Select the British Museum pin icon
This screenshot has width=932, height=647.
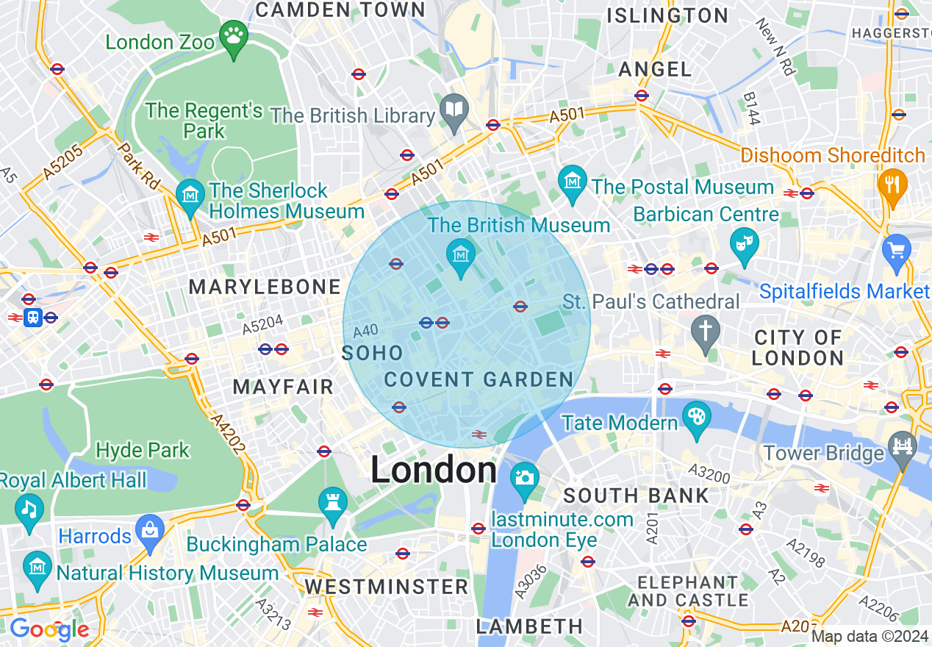[x=461, y=255]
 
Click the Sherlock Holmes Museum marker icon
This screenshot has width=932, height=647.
[x=190, y=195]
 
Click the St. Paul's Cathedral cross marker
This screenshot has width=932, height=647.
[x=706, y=332]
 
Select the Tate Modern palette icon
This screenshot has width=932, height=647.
[x=695, y=417]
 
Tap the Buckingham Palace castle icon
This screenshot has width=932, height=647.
[x=332, y=503]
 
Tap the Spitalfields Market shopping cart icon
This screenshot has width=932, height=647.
[x=897, y=250]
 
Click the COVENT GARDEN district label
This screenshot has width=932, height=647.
[x=478, y=380]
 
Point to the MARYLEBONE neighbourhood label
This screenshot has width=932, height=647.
[x=265, y=287]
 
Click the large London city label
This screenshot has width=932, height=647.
[x=434, y=470]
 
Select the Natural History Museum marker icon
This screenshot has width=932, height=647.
[x=36, y=567]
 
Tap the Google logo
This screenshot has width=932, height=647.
[x=49, y=629]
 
